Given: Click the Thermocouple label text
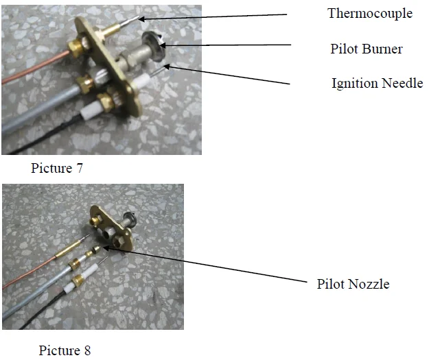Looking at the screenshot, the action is point(370,13).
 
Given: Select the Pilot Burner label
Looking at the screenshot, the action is point(367,49).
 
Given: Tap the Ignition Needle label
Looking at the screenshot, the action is point(378,83).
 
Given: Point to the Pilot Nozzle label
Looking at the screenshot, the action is point(353,284).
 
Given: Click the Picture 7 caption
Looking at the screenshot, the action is point(57,168).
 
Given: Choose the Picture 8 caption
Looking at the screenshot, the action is point(65,350).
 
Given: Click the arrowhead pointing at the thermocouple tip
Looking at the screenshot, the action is point(141,19).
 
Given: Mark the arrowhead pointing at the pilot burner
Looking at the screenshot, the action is point(162,46).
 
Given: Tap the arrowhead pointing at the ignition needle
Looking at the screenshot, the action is point(167,66).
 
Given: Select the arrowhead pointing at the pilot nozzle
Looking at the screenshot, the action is point(106,248).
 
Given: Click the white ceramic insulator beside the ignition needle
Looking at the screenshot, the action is point(142,81).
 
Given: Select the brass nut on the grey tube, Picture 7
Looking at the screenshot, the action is point(85,84).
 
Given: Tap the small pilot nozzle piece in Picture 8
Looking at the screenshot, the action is point(96,249).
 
